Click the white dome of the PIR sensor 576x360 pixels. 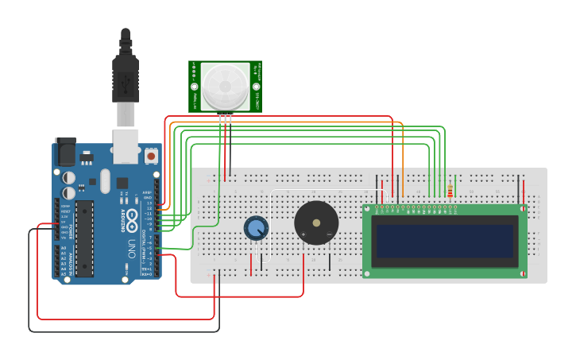tap(224, 86)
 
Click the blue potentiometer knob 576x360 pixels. tap(256, 228)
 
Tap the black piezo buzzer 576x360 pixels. tap(316, 223)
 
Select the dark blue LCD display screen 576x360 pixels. tap(444, 241)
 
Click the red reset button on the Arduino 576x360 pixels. tap(151, 154)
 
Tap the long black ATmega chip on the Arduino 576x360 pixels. tap(84, 238)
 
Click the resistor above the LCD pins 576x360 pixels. tap(450, 192)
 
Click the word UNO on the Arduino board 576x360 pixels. tap(133, 247)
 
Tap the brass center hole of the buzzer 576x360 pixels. tap(316, 223)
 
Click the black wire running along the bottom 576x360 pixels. tap(119, 331)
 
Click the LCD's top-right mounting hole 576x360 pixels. tap(523, 209)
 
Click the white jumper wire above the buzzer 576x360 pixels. tap(318, 191)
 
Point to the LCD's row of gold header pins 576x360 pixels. tap(417, 209)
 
